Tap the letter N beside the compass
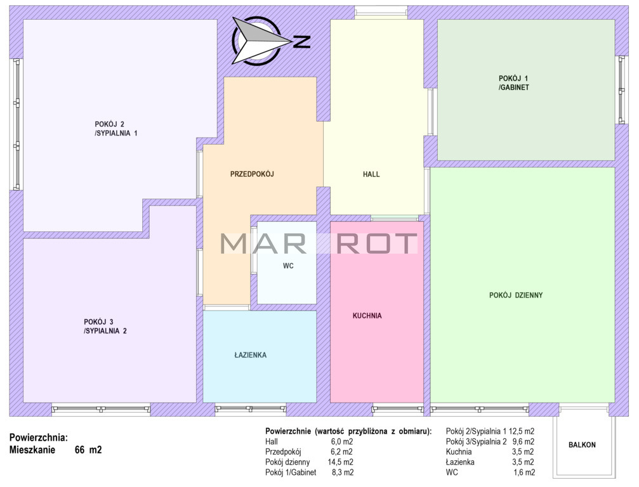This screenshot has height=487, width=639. [302, 42]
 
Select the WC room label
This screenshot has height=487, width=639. [288, 266]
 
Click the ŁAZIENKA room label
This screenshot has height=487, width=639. [250, 355]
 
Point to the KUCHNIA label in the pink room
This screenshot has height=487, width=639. [367, 316]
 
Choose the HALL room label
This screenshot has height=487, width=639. [371, 174]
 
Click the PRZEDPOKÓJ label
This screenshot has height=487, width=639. [252, 174]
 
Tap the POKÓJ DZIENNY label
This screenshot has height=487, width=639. [516, 295]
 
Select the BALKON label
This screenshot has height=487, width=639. [582, 445]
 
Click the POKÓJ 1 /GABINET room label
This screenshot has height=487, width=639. [513, 82]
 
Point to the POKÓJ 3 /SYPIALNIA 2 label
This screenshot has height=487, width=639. [105, 326]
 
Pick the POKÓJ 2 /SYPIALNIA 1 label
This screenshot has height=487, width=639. [115, 128]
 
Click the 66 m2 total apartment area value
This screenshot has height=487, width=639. [88, 450]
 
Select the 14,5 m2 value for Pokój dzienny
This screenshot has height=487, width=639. [340, 462]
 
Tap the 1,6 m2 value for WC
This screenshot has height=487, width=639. [524, 472]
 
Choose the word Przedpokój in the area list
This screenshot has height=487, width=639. [283, 452]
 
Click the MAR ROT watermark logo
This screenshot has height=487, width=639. [319, 243]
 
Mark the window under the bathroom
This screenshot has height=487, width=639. [250, 408]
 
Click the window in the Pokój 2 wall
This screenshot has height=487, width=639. [16, 124]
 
